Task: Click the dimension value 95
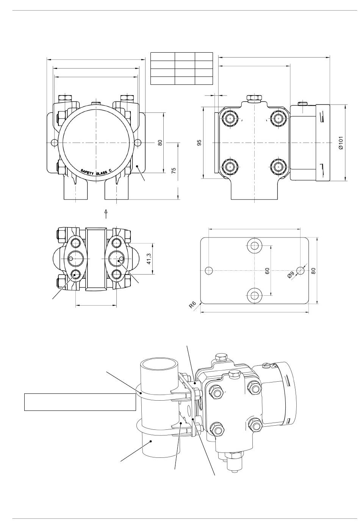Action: (x=199, y=142)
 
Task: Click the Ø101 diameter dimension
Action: (x=341, y=143)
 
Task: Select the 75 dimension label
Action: (x=174, y=170)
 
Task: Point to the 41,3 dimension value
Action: (x=149, y=259)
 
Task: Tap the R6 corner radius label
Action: (x=193, y=305)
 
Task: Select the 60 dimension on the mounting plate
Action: (x=267, y=271)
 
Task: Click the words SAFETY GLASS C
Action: (x=96, y=172)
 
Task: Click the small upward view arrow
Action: (x=106, y=214)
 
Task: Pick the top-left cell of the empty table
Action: (x=163, y=57)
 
